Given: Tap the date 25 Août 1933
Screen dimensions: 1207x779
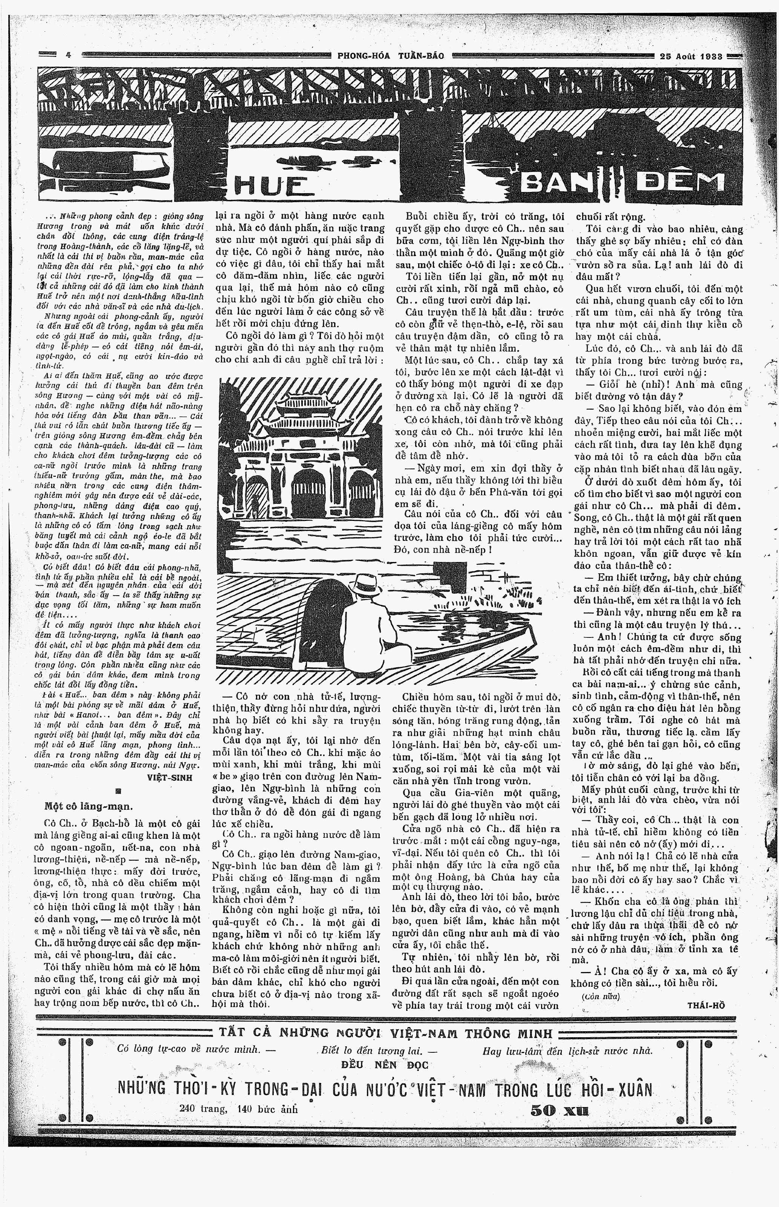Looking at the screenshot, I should (x=691, y=56).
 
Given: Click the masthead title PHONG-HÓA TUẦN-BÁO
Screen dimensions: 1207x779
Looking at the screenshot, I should (x=391, y=56).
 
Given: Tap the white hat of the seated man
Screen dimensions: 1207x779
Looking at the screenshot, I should (x=367, y=584).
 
